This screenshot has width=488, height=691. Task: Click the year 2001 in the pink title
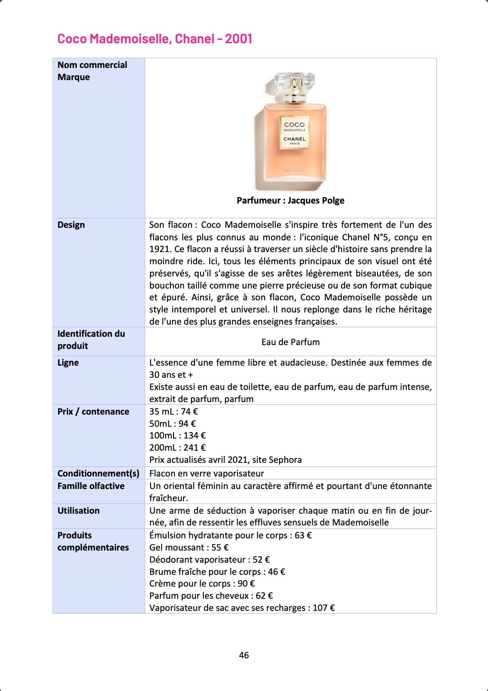click(238, 39)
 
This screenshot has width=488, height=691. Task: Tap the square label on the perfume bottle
click(294, 133)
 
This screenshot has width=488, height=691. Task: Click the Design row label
click(71, 225)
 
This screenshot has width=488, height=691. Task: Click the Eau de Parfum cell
click(290, 342)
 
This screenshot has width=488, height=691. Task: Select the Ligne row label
click(68, 363)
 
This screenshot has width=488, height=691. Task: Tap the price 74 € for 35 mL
click(189, 412)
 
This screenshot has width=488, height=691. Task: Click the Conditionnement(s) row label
click(98, 473)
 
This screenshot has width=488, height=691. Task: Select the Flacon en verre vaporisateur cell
click(206, 473)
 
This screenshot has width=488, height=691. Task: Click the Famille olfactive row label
click(91, 486)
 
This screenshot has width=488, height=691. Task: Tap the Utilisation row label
click(78, 511)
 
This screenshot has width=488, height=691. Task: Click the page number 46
click(244, 655)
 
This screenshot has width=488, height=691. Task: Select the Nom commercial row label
click(92, 65)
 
